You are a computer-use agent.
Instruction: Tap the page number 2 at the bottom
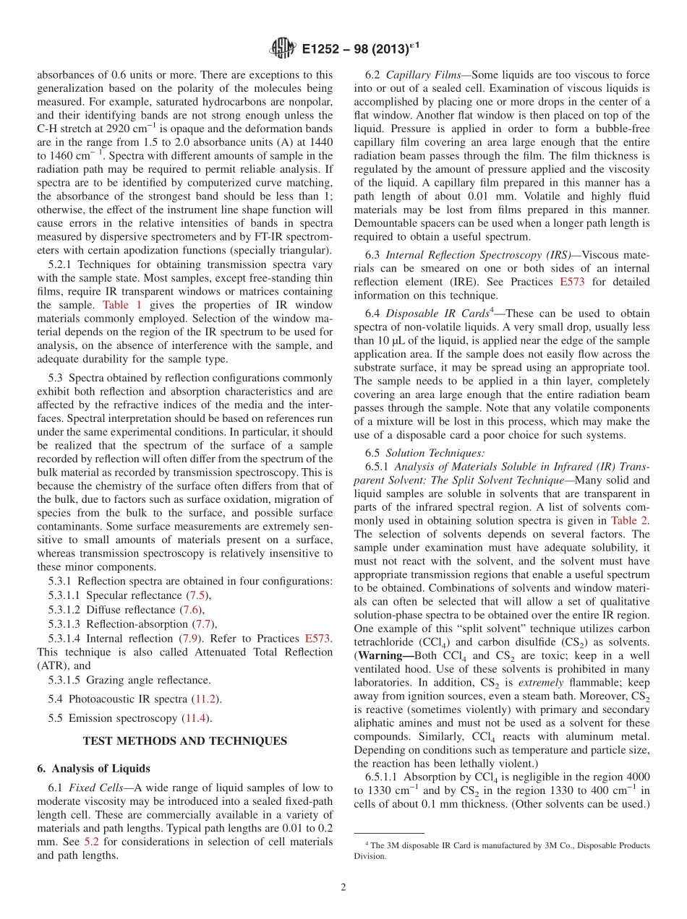tap(343, 886)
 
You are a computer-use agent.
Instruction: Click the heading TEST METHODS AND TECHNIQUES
tap(185, 741)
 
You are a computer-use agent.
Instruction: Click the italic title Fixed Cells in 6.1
tap(101, 787)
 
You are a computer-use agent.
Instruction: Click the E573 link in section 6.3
tap(572, 281)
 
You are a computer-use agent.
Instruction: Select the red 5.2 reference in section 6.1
tap(92, 842)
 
